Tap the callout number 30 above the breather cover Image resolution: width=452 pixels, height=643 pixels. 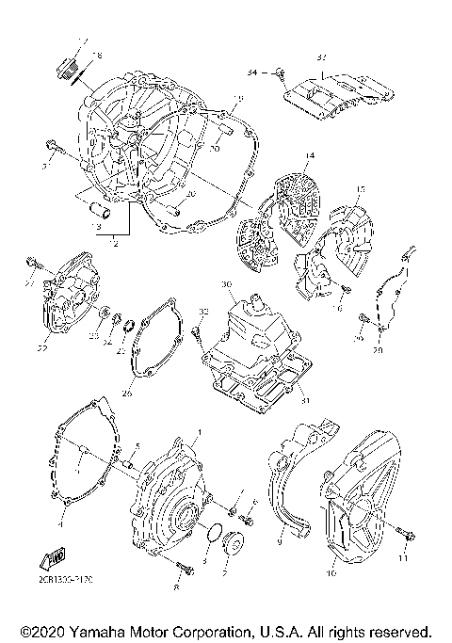click(226, 284)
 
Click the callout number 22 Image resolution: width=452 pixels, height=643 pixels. click(42, 348)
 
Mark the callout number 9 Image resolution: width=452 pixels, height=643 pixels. click(280, 542)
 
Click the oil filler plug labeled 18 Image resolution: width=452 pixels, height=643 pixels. click(68, 65)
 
